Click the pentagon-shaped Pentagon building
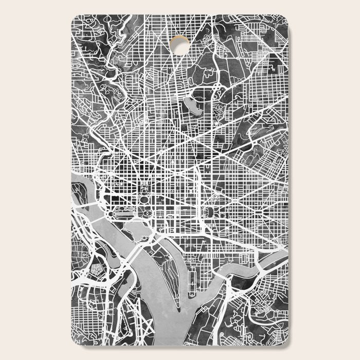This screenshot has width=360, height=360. pos(96,269)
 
